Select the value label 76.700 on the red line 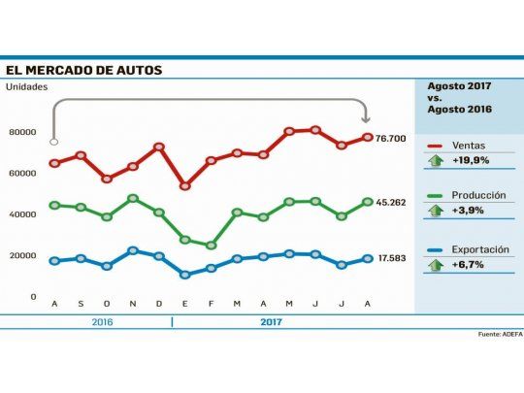pyautogui.click(x=393, y=139)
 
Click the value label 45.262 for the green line pyautogui.click(x=393, y=203)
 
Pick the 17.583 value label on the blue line pyautogui.click(x=393, y=258)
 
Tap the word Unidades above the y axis pyautogui.click(x=26, y=87)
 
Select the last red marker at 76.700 pyautogui.click(x=368, y=137)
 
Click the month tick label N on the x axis pyautogui.click(x=133, y=305)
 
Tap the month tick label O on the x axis pyautogui.click(x=107, y=305)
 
